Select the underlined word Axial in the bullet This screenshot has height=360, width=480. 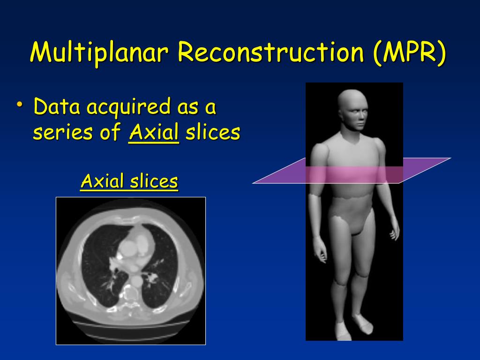point(154,133)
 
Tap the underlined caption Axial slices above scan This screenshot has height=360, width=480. point(129,181)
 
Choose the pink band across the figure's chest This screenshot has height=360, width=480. point(354,174)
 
